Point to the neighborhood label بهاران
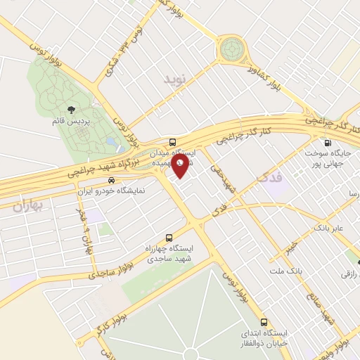tap(27, 206)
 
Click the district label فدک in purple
tap(270, 178)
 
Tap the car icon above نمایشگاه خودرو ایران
tap(111, 179)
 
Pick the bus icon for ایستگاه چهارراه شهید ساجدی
tap(169, 238)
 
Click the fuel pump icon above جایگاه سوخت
tap(328, 141)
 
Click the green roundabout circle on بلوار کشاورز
tap(231, 49)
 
